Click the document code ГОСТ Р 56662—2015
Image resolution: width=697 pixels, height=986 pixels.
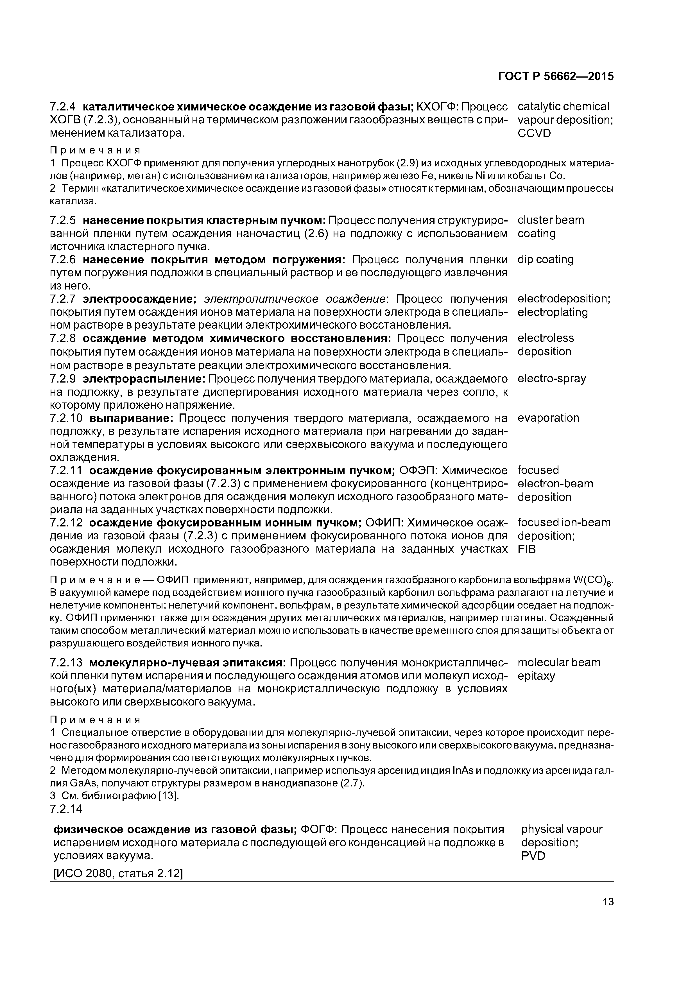click(x=556, y=76)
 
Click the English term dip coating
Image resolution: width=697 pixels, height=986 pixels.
click(x=546, y=259)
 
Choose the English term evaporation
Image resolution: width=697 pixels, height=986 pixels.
click(x=548, y=418)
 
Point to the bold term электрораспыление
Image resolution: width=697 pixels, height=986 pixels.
click(x=144, y=379)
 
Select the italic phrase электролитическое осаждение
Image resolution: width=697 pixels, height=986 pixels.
click(x=294, y=299)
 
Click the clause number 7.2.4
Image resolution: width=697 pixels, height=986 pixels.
click(x=63, y=107)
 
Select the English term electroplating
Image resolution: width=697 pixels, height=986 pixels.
click(x=552, y=312)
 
